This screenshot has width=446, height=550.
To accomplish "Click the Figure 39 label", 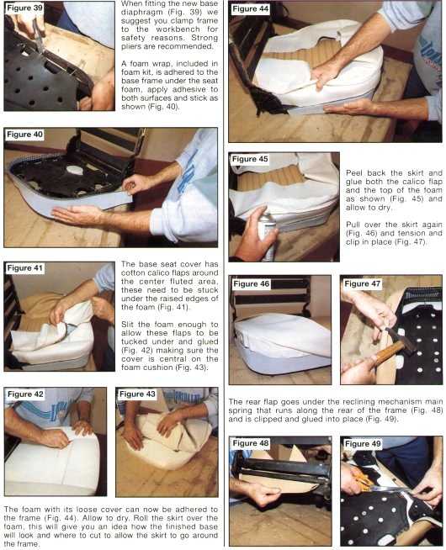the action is click(24, 8).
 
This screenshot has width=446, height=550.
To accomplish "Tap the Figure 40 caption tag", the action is click(24, 135).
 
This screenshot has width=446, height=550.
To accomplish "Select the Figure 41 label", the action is click(25, 268).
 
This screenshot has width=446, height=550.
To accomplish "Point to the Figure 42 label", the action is click(25, 394).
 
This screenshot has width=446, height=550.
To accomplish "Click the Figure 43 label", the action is click(137, 394).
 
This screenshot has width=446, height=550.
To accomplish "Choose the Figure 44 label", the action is click(250, 8).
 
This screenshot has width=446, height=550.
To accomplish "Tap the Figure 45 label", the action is click(250, 159).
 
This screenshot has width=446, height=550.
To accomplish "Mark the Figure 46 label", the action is click(251, 283).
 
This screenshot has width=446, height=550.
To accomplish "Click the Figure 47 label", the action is click(362, 283).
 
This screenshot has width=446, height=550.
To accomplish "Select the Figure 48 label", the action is click(251, 443).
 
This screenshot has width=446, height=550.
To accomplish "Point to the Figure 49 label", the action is click(363, 444).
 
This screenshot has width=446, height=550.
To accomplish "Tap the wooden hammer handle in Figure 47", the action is click(387, 353).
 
